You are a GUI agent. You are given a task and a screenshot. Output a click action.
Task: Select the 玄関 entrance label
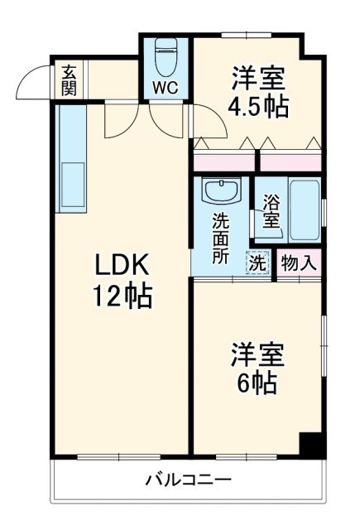click(68, 79)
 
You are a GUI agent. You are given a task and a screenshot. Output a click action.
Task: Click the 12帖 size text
click(121, 296)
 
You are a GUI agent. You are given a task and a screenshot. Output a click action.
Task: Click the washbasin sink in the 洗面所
click(221, 192)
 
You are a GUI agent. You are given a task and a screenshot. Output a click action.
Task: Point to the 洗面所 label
click(220, 238)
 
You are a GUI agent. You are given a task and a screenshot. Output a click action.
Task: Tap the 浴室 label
click(270, 210)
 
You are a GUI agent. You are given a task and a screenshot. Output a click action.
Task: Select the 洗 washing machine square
click(257, 264)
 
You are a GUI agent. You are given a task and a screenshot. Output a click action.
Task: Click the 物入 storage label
click(297, 264)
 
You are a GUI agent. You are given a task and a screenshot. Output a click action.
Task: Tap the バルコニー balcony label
click(189, 479)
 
